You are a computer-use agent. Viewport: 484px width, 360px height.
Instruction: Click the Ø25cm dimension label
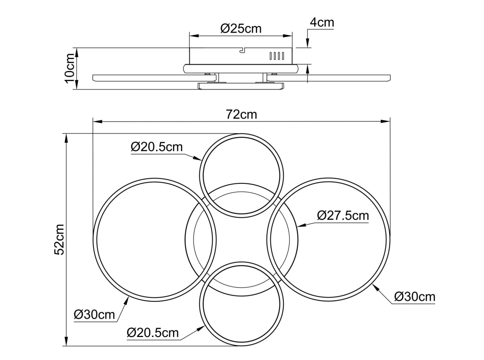coord(241,29)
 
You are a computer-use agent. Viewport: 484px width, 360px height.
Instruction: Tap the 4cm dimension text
coord(322,22)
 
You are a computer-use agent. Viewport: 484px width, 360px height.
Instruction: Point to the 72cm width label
coord(241,114)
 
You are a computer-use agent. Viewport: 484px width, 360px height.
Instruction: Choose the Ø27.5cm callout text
coord(343,216)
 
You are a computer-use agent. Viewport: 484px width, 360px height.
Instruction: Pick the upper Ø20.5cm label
coord(157,147)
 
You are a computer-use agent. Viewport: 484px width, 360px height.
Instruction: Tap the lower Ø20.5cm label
coord(153,333)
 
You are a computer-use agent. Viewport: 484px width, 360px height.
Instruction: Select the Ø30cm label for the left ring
coord(94,315)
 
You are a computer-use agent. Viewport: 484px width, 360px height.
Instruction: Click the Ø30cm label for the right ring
coord(415,297)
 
